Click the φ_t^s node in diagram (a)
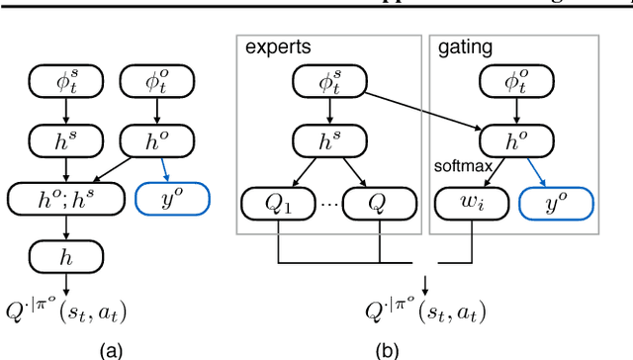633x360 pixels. pyautogui.click(x=64, y=84)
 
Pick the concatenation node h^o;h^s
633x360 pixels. pyautogui.click(x=64, y=200)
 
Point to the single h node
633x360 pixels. pyautogui.click(x=64, y=257)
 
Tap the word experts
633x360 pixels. pyautogui.click(x=269, y=47)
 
